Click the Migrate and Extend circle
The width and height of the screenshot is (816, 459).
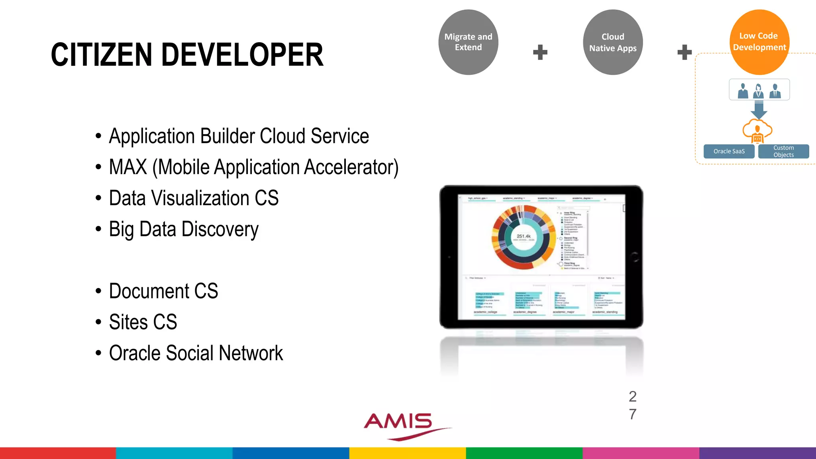[468, 42]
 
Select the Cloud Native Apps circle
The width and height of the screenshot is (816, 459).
[613, 42]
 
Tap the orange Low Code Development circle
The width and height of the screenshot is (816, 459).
[759, 42]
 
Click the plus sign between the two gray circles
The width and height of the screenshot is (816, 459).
[540, 52]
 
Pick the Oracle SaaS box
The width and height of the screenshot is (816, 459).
[729, 151]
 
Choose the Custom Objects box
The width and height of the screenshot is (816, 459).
[783, 151]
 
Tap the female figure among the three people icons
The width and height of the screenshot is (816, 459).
[758, 91]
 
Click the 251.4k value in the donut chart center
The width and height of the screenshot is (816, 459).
[524, 236]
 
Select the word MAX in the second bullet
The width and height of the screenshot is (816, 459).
[128, 167]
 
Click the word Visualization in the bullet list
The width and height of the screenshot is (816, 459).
[199, 198]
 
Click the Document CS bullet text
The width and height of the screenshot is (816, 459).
[163, 291]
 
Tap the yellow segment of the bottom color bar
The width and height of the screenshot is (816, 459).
[407, 453]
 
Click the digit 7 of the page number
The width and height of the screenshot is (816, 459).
[633, 414]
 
